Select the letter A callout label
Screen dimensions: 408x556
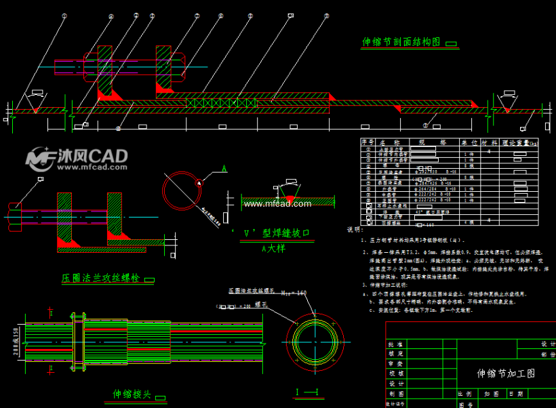[224, 167]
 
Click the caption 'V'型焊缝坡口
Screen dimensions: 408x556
[270, 233]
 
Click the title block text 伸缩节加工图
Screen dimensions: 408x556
[506, 373]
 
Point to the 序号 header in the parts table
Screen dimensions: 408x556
[368, 142]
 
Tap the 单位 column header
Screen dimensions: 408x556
[469, 142]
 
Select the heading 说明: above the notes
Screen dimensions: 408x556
[355, 230]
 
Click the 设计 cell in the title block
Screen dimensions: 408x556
[397, 383]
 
